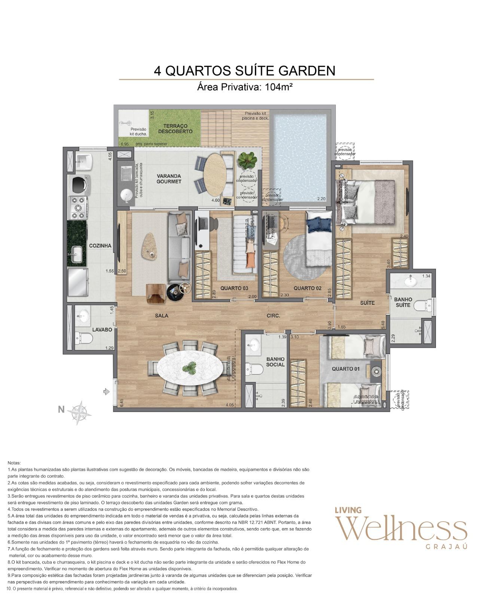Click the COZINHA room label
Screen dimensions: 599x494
(x=100, y=246)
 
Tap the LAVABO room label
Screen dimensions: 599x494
(x=102, y=329)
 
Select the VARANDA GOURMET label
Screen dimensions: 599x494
(x=169, y=179)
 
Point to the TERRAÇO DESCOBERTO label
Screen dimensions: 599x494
(x=175, y=129)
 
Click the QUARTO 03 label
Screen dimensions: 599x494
(x=234, y=288)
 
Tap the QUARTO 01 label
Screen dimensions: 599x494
(x=345, y=368)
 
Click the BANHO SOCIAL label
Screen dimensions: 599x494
(x=275, y=362)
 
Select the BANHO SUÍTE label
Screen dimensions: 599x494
(x=403, y=302)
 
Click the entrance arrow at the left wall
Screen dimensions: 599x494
(x=106, y=392)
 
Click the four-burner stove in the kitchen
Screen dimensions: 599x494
(x=78, y=208)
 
